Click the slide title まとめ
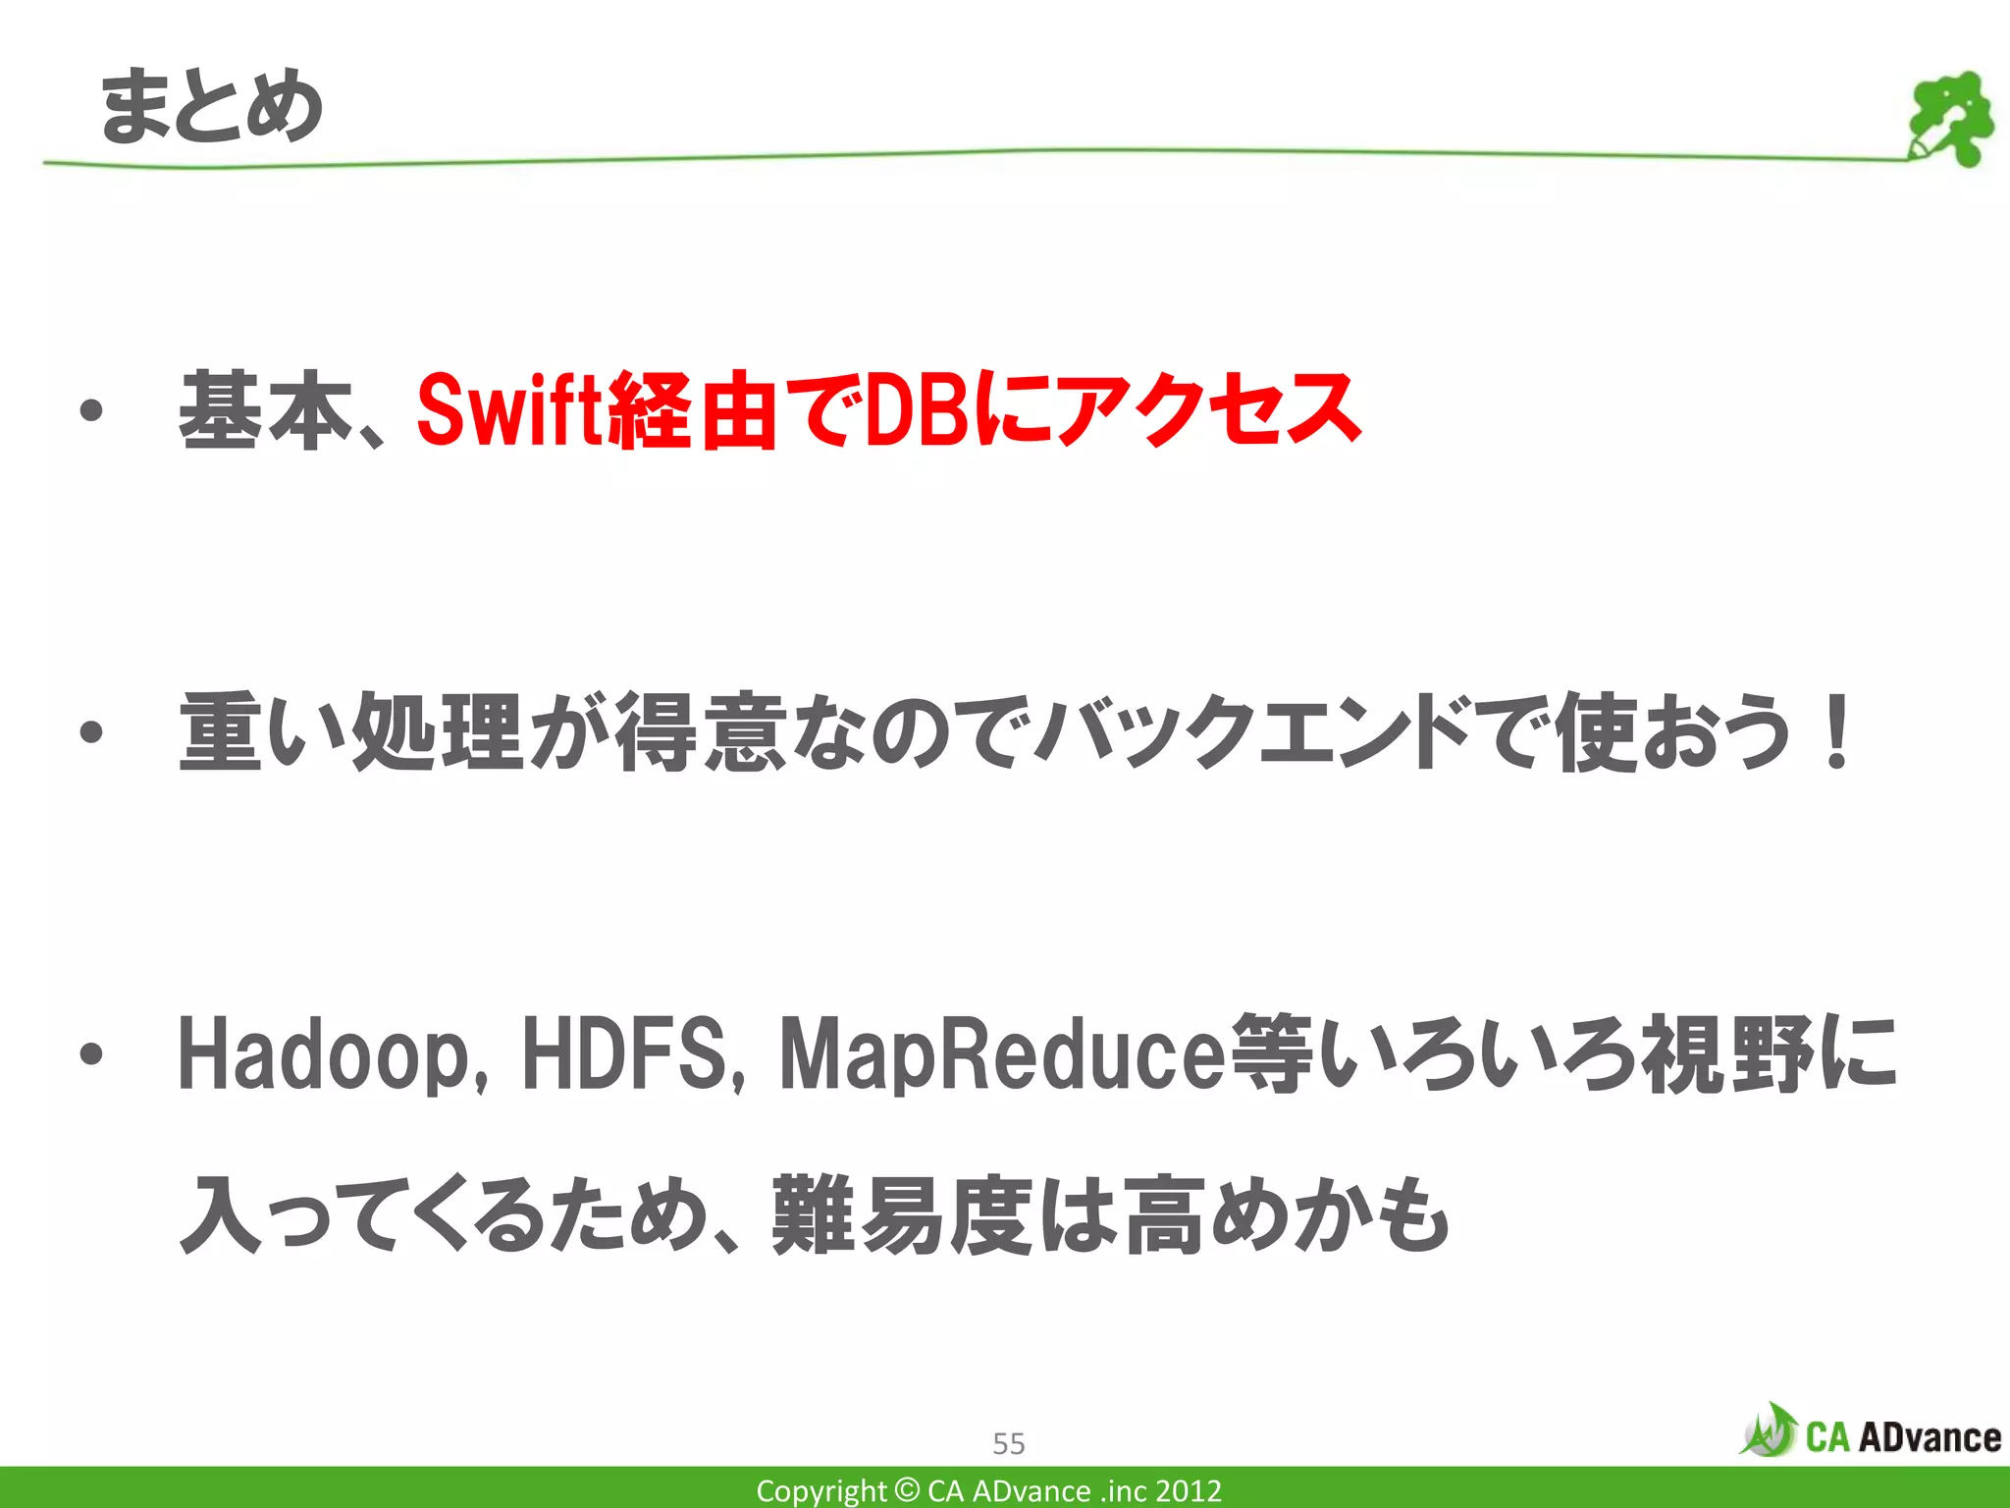click(212, 106)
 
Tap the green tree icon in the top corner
click(1950, 119)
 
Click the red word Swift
click(508, 410)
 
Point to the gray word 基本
click(265, 410)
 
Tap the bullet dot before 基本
click(91, 410)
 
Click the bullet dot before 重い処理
click(91, 732)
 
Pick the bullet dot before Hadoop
click(91, 1054)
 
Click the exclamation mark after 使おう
click(1833, 732)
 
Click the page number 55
click(1008, 1443)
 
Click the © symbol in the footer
click(908, 1490)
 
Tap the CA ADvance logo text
click(1902, 1437)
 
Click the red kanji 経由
click(693, 410)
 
